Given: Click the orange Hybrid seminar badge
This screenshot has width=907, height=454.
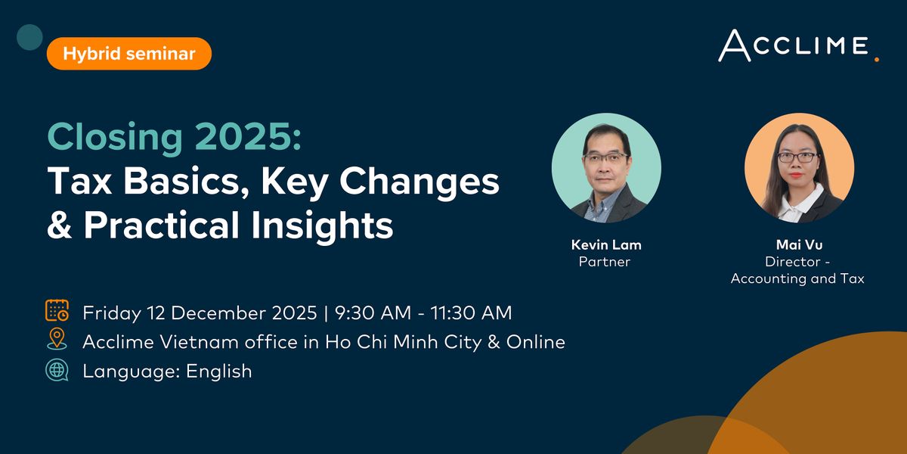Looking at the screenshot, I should (x=128, y=54).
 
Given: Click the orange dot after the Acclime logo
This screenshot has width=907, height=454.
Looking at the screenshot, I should (x=877, y=58).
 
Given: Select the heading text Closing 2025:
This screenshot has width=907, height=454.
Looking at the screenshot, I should (x=175, y=138).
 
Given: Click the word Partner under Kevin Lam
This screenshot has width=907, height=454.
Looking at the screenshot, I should (x=604, y=262).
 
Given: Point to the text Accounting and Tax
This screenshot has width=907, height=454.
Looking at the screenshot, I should (x=797, y=278).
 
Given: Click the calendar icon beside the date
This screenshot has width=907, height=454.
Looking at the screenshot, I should (x=57, y=312).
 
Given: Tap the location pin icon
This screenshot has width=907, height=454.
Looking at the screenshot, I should (x=57, y=341).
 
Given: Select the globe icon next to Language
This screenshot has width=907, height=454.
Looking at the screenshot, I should (x=57, y=371).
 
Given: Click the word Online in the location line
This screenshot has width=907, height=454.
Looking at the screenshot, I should (x=536, y=342).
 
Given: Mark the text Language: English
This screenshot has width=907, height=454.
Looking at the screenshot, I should (x=167, y=372).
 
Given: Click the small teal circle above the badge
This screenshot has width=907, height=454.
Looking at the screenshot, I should (x=29, y=36).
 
